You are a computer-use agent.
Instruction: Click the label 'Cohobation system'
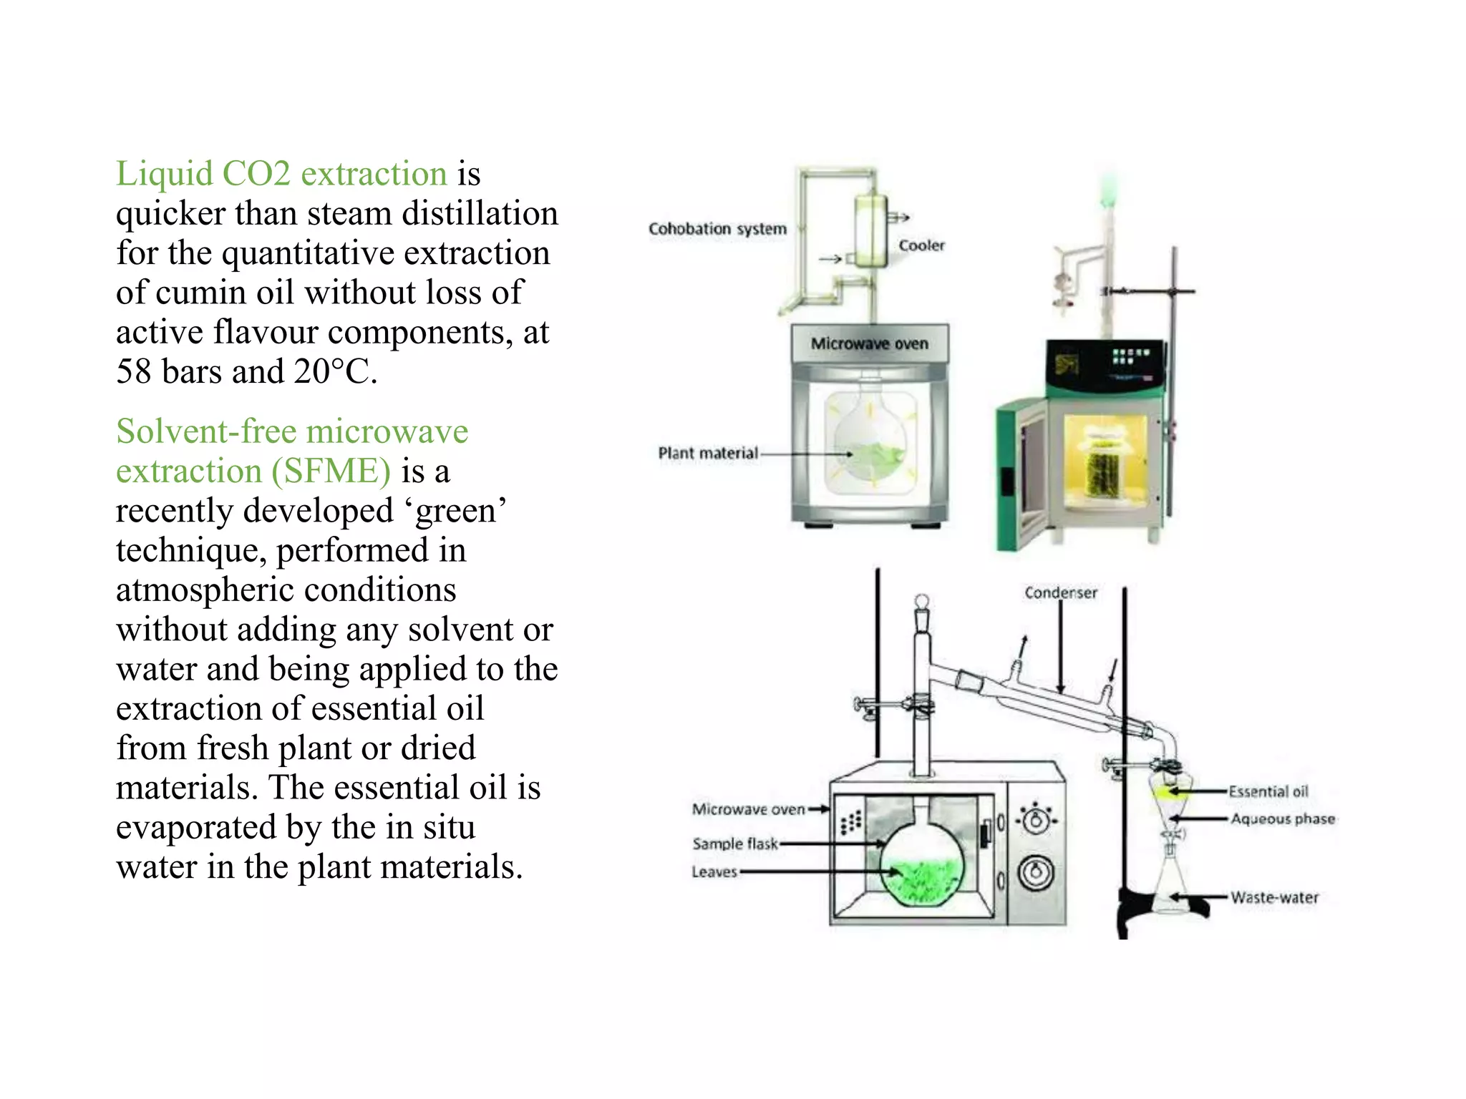pyautogui.click(x=717, y=229)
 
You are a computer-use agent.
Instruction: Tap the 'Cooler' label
pyautogui.click(x=921, y=245)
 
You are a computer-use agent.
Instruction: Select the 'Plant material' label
pyautogui.click(x=708, y=454)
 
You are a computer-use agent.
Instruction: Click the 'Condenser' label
pyautogui.click(x=1060, y=592)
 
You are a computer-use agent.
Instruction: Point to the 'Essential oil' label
pyautogui.click(x=1268, y=791)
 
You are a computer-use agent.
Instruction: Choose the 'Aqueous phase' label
pyautogui.click(x=1283, y=819)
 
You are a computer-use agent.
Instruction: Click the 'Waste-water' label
pyautogui.click(x=1274, y=897)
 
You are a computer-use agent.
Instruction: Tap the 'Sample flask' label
pyautogui.click(x=735, y=844)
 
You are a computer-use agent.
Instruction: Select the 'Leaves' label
pyautogui.click(x=714, y=872)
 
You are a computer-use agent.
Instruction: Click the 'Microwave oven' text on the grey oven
pyautogui.click(x=869, y=344)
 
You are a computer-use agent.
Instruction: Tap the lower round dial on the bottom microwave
pyautogui.click(x=1036, y=872)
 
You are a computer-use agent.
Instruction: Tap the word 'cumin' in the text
pyautogui.click(x=195, y=293)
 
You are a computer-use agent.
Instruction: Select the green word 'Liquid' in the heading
pyautogui.click(x=164, y=174)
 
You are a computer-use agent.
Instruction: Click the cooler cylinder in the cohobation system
pyautogui.click(x=871, y=230)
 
